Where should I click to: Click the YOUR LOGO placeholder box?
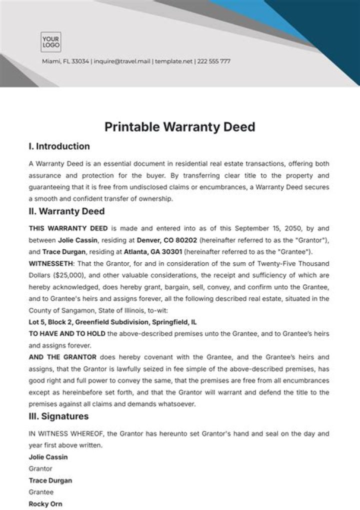tap(50, 42)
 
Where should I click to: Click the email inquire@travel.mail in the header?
tap(122, 62)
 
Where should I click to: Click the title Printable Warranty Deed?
tap(179, 127)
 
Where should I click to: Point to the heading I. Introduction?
tap(59, 147)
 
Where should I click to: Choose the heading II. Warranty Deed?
tap(66, 211)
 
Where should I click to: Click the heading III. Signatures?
tap(58, 416)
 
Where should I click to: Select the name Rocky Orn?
tap(45, 503)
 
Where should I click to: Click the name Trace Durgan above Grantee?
tap(50, 480)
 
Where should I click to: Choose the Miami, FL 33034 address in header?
tap(65, 62)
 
